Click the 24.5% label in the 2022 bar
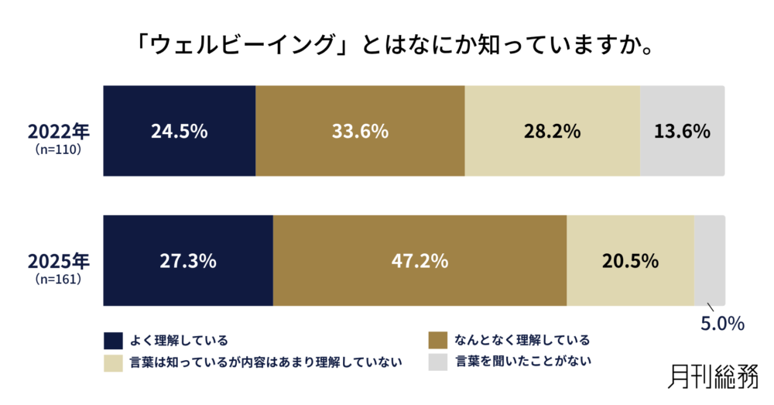tap(179, 131)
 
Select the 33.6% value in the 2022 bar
tap(360, 131)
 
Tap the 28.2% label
tap(553, 131)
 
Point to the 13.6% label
tap(682, 131)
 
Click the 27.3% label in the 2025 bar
tap(187, 261)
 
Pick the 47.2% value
tap(420, 261)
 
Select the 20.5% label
tap(630, 261)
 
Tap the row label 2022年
tap(59, 129)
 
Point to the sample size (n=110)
tap(59, 147)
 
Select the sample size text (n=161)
tap(59, 277)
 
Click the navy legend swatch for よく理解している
tap(113, 340)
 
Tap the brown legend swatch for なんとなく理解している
tap(438, 340)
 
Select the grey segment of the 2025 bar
tap(709, 261)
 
